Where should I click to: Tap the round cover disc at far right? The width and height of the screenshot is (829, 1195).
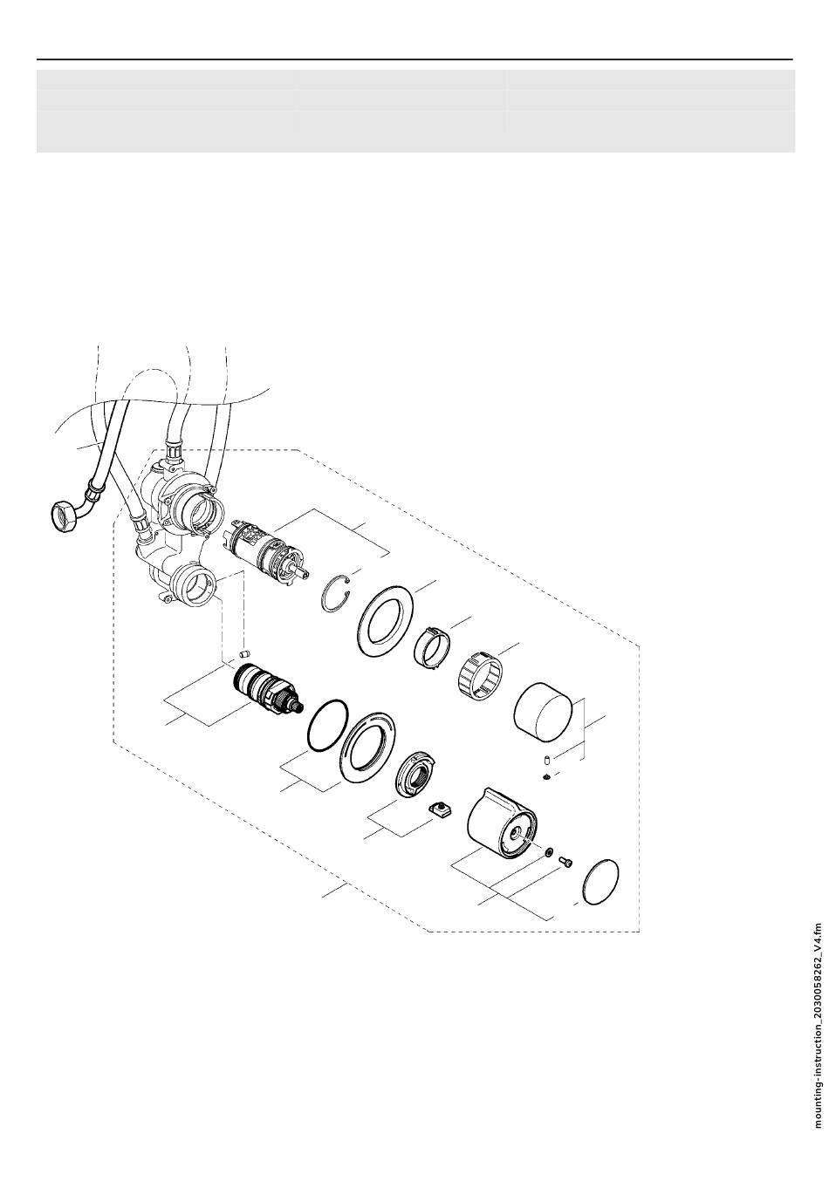pos(600,883)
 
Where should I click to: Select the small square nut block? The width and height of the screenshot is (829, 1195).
pos(442,810)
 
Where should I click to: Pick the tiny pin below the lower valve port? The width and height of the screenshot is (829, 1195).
pos(245,653)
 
